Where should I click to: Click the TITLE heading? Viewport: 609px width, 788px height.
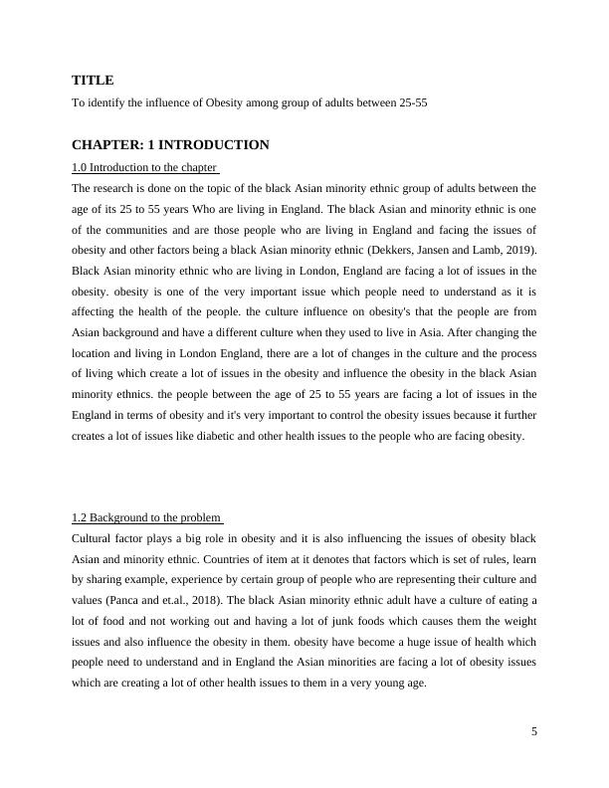93,80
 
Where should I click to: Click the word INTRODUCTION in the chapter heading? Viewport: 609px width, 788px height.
217,145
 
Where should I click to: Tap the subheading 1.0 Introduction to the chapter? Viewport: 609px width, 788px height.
144,166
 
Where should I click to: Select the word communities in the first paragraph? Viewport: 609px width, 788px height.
129,228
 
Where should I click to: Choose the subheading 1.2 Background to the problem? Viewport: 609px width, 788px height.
146,517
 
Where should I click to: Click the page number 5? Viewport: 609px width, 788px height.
534,732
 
